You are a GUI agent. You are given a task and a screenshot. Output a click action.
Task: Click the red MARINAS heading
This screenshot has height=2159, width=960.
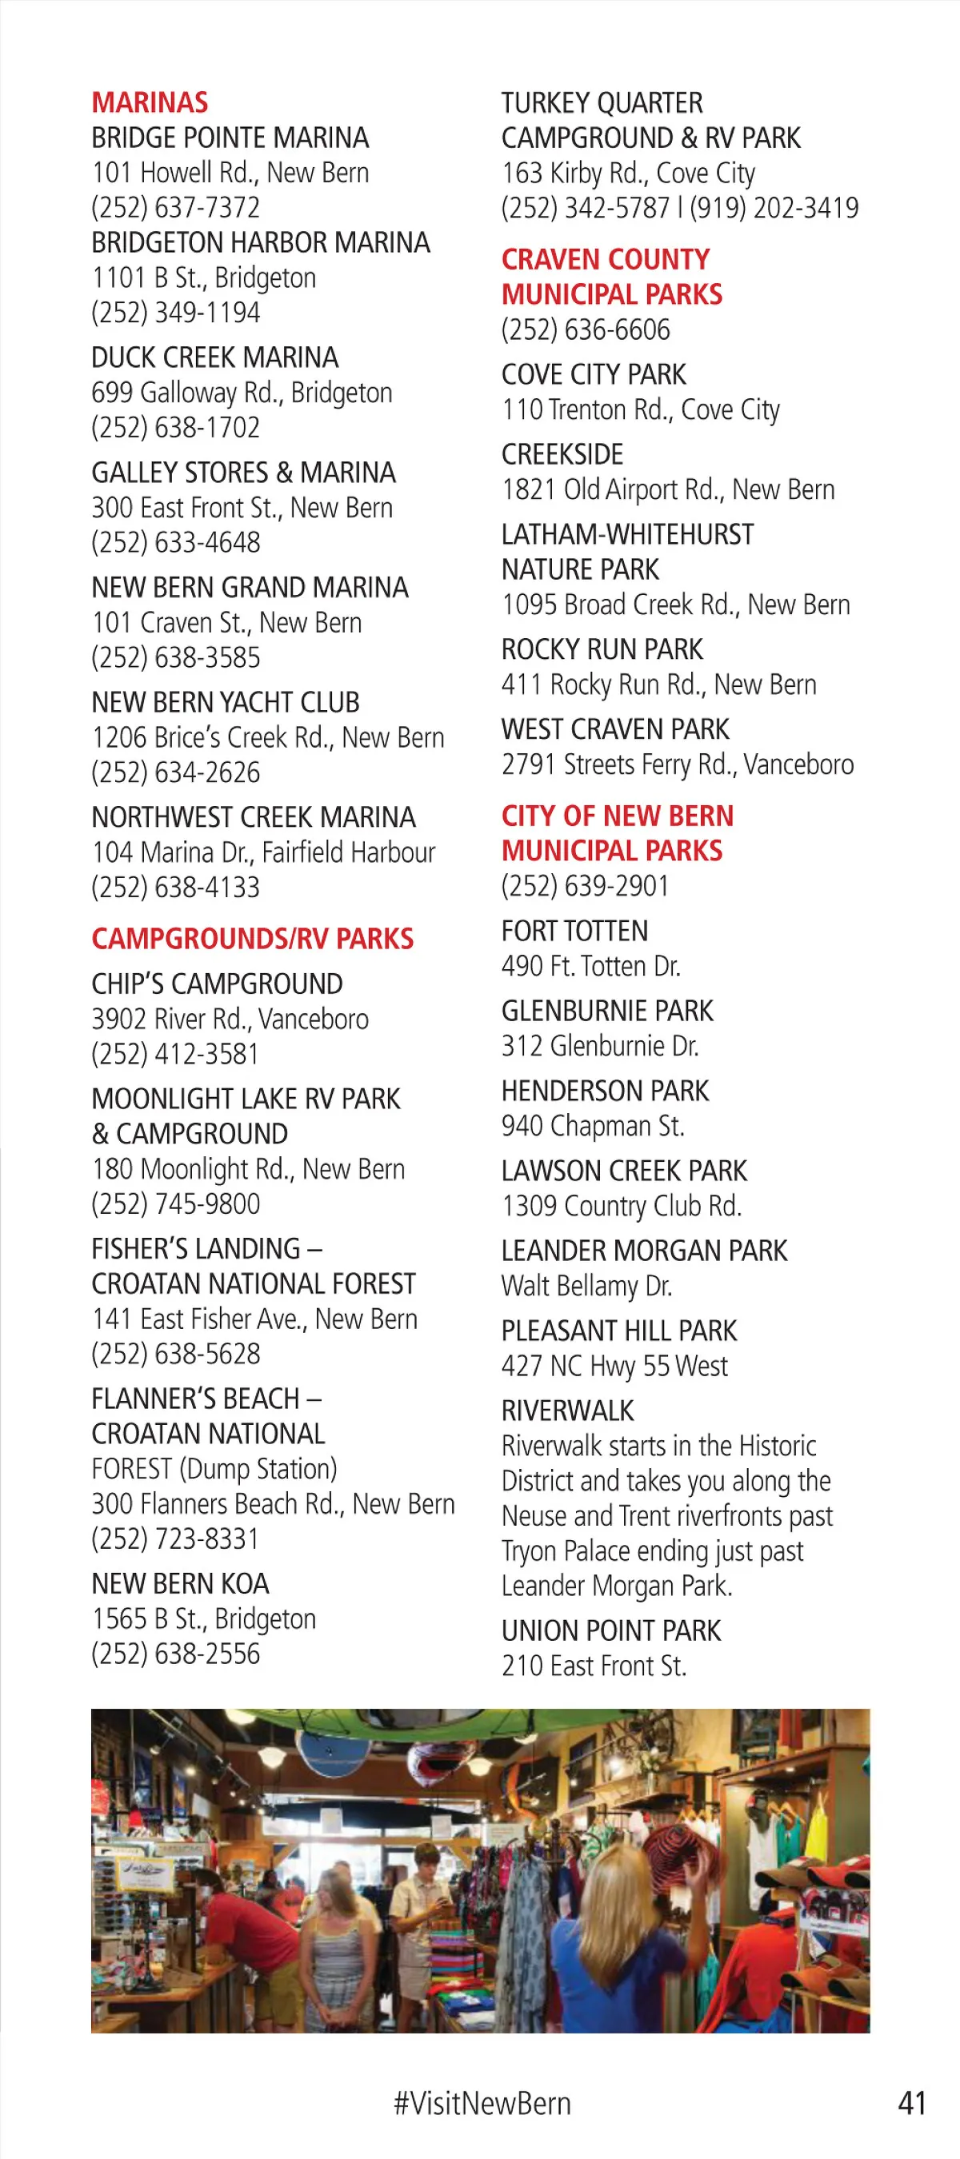coord(150,102)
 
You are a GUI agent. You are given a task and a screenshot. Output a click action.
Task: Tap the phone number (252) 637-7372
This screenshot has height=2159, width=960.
coord(176,208)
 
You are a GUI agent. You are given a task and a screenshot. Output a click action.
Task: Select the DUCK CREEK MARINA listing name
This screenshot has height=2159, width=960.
coord(214,358)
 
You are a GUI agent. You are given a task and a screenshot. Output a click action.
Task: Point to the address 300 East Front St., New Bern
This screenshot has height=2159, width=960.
coord(242,508)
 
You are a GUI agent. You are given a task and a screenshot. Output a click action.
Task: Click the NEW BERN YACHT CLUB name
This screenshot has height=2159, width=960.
coord(226,702)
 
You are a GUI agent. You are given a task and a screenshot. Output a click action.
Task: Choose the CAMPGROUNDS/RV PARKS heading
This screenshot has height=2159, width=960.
coord(252,939)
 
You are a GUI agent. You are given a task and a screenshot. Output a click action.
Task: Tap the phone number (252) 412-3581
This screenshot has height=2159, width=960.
coord(176,1055)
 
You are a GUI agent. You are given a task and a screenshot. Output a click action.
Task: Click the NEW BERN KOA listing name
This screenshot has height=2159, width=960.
coord(180,1584)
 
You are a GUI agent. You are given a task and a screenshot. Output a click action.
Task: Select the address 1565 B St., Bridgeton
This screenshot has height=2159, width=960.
coord(204,1619)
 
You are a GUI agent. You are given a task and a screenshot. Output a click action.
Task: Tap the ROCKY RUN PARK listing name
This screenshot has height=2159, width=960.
coord(602,649)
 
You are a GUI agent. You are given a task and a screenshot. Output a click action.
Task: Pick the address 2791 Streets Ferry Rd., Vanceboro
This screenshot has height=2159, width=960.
coord(678,764)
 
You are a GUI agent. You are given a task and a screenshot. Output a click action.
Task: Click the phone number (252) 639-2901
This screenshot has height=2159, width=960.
coord(586,886)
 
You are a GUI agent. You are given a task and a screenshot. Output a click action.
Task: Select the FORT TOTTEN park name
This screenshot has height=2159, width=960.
coord(574,931)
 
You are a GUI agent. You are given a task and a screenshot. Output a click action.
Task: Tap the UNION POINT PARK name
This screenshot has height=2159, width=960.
coord(611,1631)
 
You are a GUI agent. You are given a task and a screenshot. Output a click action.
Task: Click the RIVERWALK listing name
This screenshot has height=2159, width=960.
coord(568,1411)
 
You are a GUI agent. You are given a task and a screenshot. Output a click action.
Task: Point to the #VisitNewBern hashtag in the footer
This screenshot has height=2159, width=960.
coord(482,2104)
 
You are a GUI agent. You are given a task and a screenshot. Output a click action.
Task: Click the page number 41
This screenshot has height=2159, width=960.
coord(912,2104)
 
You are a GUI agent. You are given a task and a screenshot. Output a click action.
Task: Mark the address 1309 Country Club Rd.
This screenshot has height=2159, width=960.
coord(622,1206)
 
